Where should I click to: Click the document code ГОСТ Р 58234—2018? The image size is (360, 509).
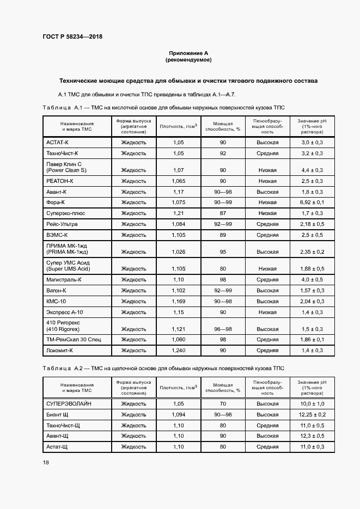[x=72, y=37]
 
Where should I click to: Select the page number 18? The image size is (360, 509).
[x=46, y=462]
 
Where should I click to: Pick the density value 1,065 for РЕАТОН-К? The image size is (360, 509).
[x=178, y=181]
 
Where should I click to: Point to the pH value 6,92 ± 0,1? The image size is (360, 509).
[x=312, y=202]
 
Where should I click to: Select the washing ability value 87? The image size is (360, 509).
[x=223, y=213]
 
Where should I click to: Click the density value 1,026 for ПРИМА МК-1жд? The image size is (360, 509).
[x=178, y=252]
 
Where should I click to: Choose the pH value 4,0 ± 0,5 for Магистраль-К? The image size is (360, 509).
[x=312, y=280]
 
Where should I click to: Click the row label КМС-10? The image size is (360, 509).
[x=56, y=301]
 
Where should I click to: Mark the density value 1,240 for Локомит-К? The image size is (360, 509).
[x=178, y=351]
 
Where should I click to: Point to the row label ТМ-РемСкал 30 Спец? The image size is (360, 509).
[x=74, y=340]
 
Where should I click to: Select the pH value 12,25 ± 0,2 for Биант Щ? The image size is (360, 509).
[x=312, y=415]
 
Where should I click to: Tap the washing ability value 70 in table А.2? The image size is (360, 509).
[x=223, y=404]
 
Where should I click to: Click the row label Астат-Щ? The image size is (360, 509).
[x=57, y=446]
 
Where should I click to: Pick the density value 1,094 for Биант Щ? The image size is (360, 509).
[x=178, y=415]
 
